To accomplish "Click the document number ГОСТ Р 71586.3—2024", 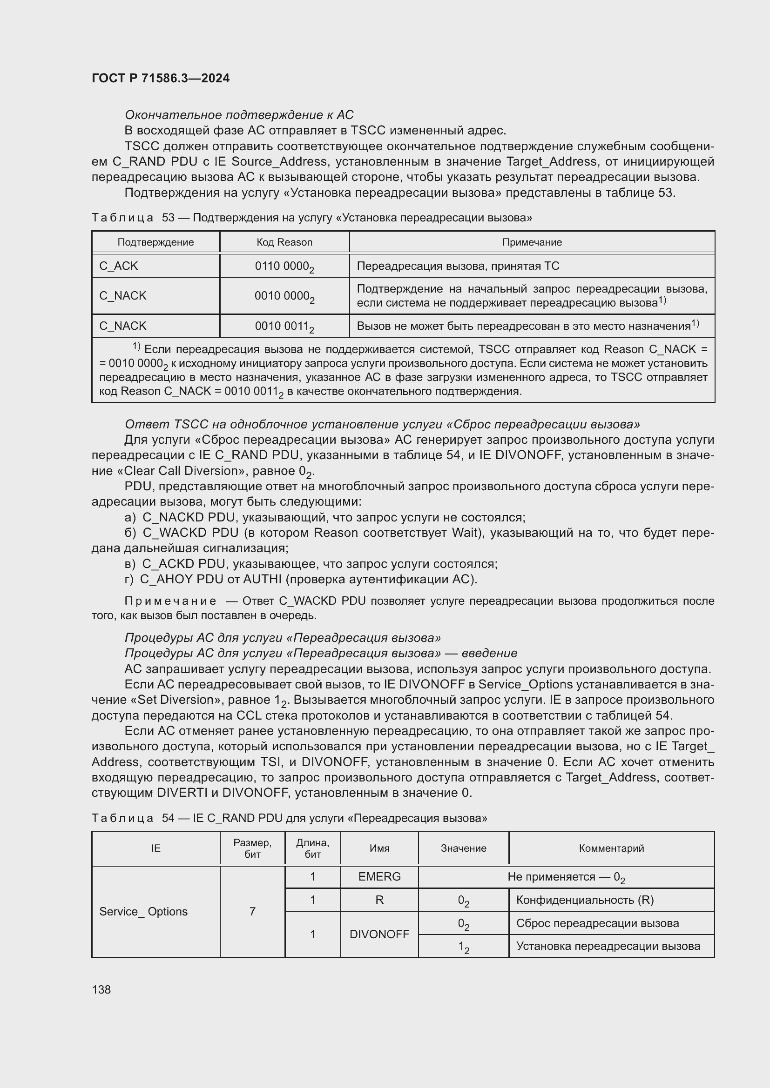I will pyautogui.click(x=160, y=78).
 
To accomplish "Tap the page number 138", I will pyautogui.click(x=101, y=989).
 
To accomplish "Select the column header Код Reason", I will pyautogui.click(x=284, y=242).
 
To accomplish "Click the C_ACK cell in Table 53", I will pyautogui.click(x=119, y=266).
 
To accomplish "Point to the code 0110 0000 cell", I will pyautogui.click(x=284, y=267).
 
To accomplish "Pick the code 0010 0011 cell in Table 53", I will pyautogui.click(x=284, y=326).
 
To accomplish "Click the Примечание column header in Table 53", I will pyautogui.click(x=532, y=242).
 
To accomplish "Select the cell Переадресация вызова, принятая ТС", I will pyautogui.click(x=458, y=266).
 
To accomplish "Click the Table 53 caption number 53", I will pyautogui.click(x=169, y=218).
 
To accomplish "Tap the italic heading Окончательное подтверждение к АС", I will pyautogui.click(x=239, y=115).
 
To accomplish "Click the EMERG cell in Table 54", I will pyautogui.click(x=379, y=877).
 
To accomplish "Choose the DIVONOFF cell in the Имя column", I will pyautogui.click(x=379, y=934).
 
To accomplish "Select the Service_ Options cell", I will pyautogui.click(x=143, y=911).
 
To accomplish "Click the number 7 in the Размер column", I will pyautogui.click(x=252, y=911).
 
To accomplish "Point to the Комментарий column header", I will pyautogui.click(x=611, y=848).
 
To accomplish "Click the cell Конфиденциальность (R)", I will pyautogui.click(x=585, y=900).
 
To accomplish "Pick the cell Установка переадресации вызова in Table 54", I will pyautogui.click(x=608, y=946).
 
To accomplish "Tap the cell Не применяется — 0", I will pyautogui.click(x=566, y=877).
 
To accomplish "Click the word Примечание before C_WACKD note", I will pyautogui.click(x=170, y=601).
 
